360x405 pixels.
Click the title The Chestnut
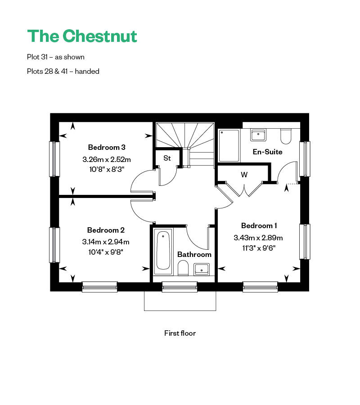point(82,36)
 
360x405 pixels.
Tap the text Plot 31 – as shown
point(56,57)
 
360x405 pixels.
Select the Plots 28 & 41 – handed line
point(63,71)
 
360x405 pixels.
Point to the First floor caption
point(180,333)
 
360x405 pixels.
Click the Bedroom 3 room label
point(107,147)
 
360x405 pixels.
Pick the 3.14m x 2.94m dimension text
point(106,242)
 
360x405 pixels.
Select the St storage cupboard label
point(167,158)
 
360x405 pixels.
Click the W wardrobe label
point(244,175)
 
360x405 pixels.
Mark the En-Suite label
point(267,152)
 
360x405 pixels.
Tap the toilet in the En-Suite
point(286,135)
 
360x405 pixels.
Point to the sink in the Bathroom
point(201,269)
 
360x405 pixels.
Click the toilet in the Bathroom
point(183,269)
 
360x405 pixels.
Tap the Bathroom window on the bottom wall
point(180,287)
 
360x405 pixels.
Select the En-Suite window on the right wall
point(305,159)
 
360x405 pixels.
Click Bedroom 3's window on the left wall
point(54,159)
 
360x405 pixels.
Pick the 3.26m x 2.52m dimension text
point(107,159)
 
